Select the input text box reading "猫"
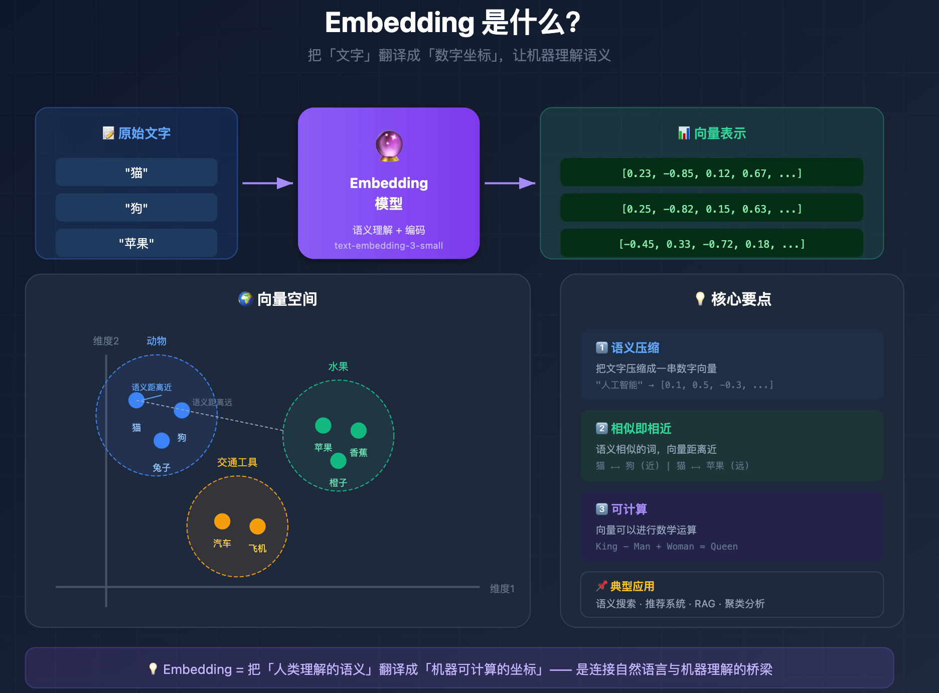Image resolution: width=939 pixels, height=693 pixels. (x=136, y=172)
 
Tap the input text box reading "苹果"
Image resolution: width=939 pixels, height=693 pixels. (x=136, y=243)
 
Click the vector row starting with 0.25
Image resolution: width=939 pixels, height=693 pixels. (x=711, y=209)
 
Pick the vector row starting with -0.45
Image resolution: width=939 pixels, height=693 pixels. (x=711, y=244)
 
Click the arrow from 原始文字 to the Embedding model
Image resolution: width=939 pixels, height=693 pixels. (x=267, y=183)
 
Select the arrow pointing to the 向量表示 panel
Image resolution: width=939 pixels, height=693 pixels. (x=510, y=183)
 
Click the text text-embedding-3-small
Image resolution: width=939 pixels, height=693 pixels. (x=389, y=246)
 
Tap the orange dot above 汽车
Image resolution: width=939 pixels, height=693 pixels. (x=222, y=522)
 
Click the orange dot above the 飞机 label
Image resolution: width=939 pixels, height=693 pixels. (x=257, y=527)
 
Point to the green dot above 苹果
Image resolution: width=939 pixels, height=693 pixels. (x=323, y=425)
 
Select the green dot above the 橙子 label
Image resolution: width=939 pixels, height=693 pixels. (x=338, y=460)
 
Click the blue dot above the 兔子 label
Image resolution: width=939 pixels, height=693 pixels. (x=162, y=440)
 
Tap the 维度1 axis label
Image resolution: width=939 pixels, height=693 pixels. (x=502, y=589)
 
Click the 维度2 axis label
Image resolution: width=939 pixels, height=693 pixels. (x=106, y=341)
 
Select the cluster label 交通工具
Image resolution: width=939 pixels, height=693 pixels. (x=237, y=462)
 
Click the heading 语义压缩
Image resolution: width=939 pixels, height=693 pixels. (x=635, y=348)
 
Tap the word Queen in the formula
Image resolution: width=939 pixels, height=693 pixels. (x=724, y=547)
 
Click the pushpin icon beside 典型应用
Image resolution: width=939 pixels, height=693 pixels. (x=601, y=586)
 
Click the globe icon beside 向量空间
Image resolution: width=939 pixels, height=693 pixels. (x=245, y=299)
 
